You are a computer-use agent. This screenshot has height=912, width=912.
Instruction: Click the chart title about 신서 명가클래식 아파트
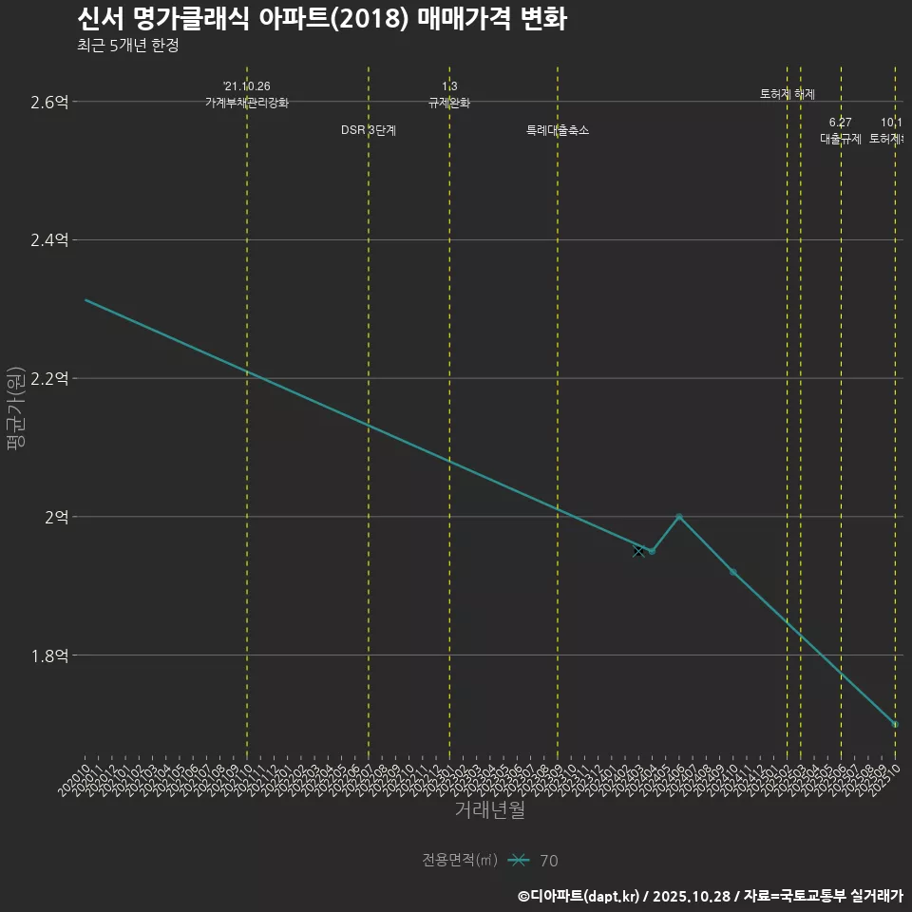coord(322,19)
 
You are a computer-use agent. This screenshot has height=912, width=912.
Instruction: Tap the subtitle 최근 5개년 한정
coord(128,46)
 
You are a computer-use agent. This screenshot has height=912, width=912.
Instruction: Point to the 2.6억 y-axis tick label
coord(49,102)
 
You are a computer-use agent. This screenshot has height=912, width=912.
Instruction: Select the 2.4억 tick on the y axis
coord(49,240)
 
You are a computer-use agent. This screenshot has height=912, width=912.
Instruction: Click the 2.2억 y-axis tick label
coord(49,378)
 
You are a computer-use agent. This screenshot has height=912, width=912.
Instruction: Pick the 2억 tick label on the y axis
coord(56,517)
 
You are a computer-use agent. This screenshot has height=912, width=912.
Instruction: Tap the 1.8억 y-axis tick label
coord(49,655)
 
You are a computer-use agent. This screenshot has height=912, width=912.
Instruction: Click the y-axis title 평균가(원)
coord(16,408)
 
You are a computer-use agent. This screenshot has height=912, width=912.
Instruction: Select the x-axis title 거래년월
coord(489,810)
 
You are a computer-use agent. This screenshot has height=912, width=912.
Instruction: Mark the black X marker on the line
coord(638,551)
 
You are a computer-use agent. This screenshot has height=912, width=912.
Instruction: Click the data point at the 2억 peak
coord(678,517)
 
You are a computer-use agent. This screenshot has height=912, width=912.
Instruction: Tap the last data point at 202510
coord(895,724)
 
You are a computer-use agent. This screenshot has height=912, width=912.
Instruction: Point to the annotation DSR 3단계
coord(369,130)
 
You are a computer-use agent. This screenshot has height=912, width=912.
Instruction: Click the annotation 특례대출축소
coord(558,130)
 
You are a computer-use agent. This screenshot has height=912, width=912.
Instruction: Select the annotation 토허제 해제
coord(788,94)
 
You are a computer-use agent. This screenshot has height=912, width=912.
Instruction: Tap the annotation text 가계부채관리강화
coord(247,103)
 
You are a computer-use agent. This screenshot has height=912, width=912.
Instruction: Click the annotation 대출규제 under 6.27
coord(841,139)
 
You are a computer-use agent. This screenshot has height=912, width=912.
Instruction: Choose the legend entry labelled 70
coord(548,861)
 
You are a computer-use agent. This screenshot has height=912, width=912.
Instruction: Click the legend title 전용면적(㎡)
coord(460,860)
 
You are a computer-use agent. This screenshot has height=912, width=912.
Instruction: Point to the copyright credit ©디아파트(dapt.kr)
coord(580,895)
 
